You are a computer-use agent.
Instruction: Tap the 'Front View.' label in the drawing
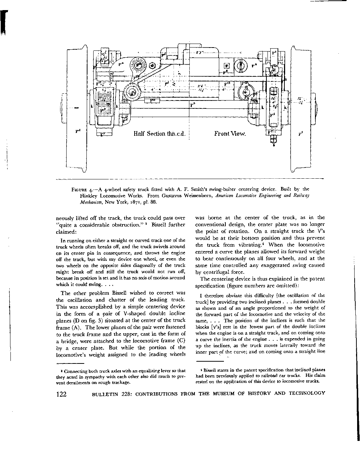230,134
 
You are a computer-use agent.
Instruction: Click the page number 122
62,394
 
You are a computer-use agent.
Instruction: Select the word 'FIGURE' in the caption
79,189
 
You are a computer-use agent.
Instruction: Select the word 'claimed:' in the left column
66,232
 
